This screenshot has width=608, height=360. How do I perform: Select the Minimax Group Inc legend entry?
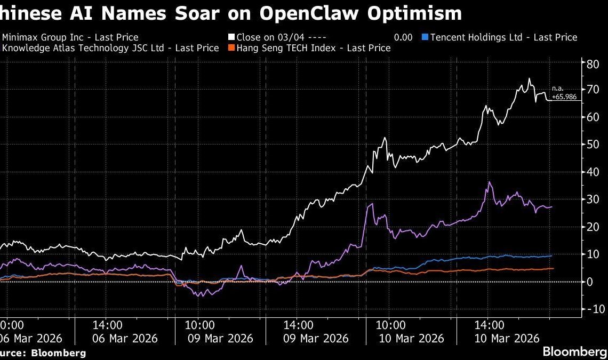(x=70, y=37)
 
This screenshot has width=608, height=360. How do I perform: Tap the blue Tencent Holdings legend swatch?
(x=425, y=37)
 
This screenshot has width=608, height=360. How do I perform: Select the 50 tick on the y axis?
(x=592, y=144)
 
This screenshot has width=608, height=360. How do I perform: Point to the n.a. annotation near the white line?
(x=558, y=89)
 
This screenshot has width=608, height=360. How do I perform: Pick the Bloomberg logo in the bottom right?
(x=574, y=351)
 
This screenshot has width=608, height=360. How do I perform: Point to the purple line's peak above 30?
(x=489, y=182)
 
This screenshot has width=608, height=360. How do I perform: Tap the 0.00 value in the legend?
(x=403, y=37)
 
